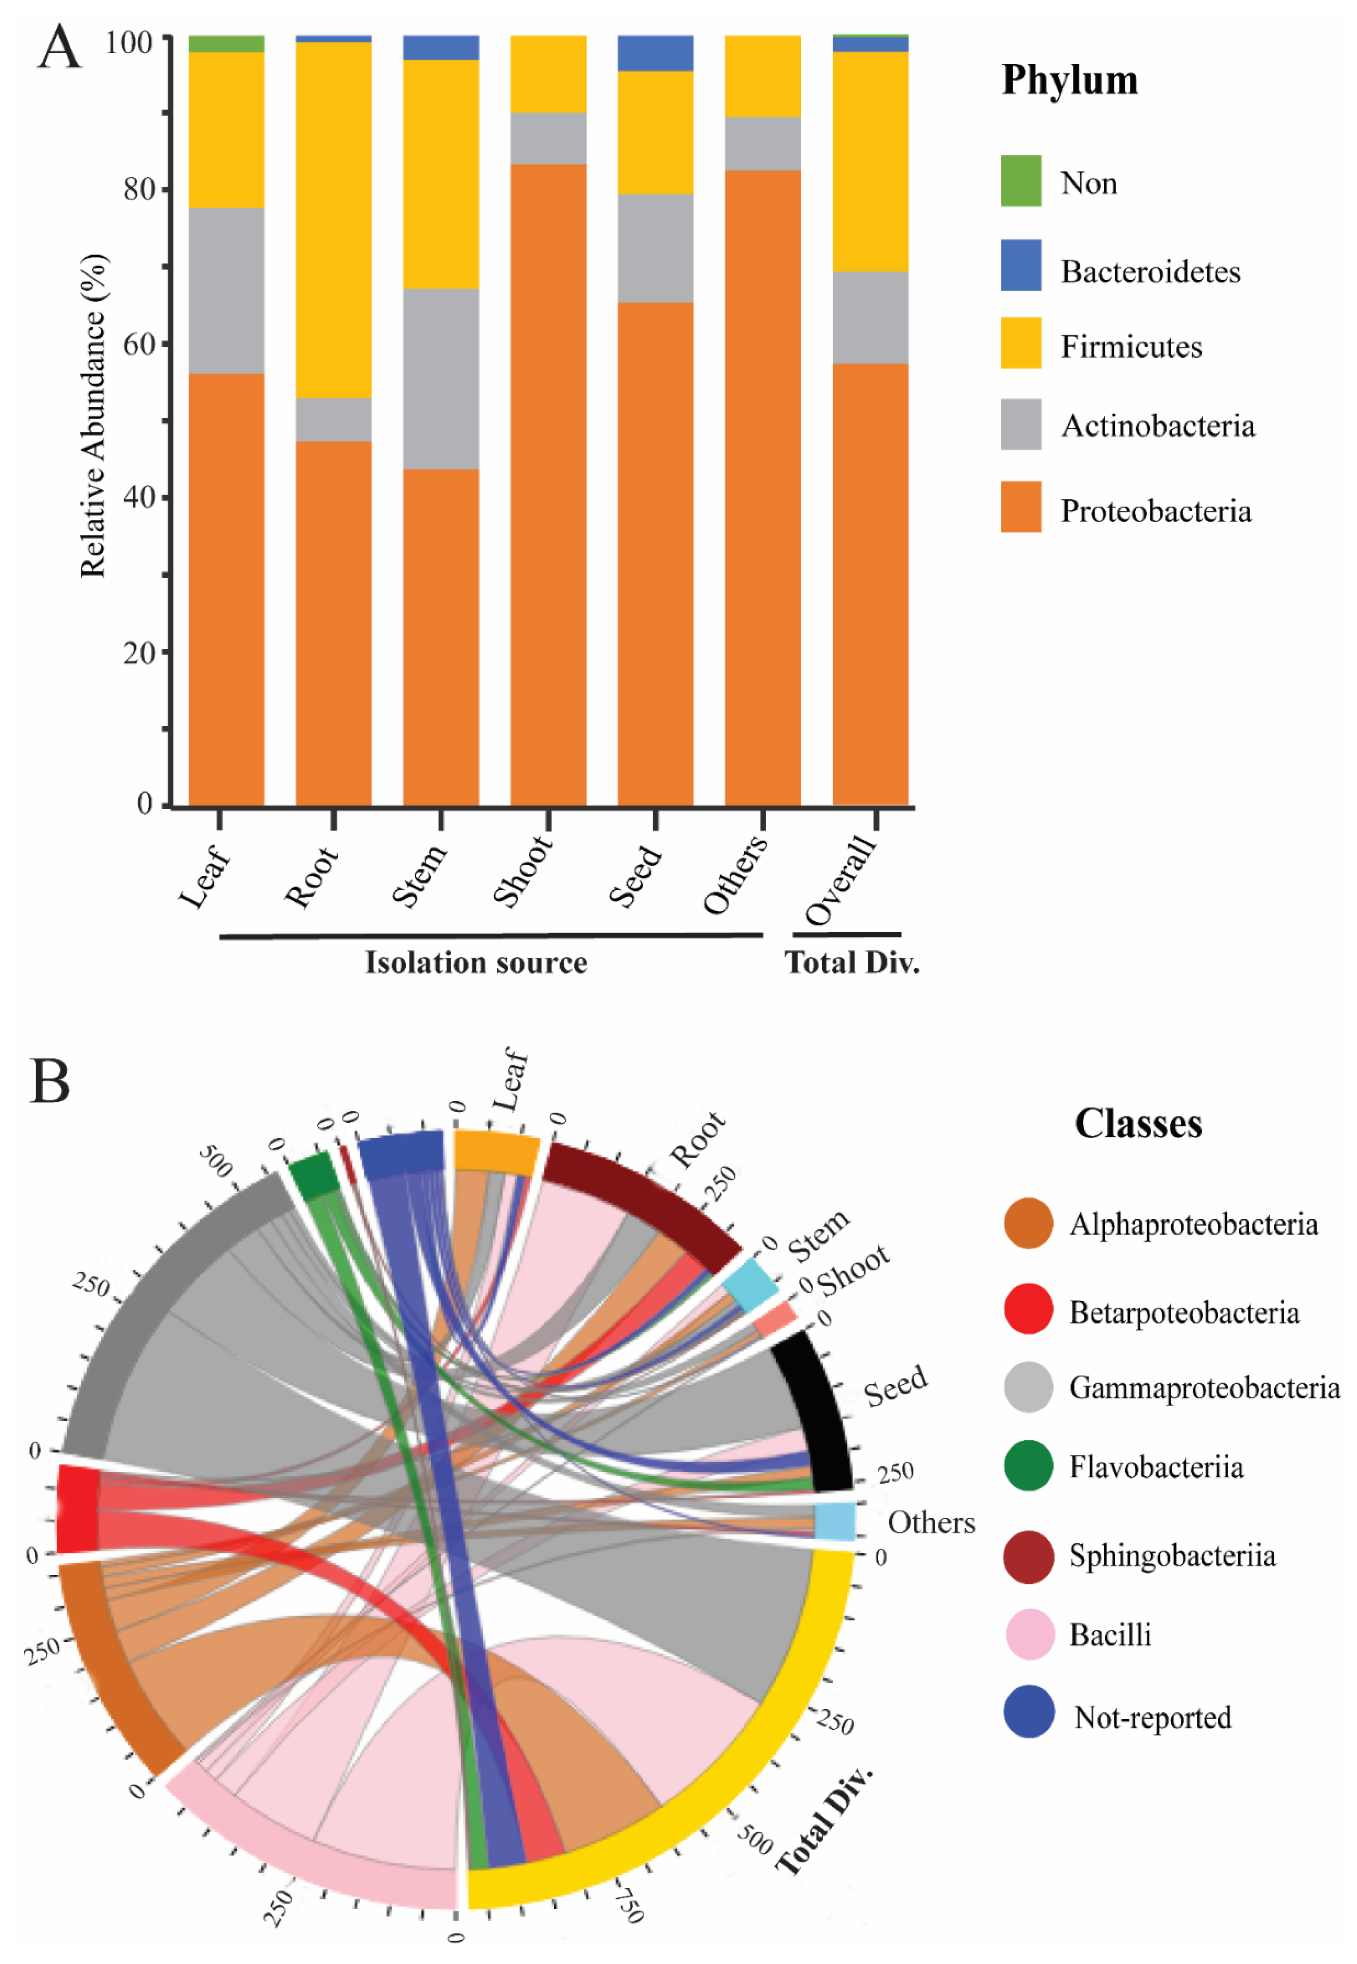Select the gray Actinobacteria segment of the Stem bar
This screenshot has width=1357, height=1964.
coord(441,378)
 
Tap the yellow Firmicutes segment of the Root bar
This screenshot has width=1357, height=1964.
coord(333,219)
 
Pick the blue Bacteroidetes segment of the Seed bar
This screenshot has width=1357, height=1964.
coord(655,53)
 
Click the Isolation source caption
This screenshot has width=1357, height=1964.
coord(476,963)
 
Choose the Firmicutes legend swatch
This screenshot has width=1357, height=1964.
coord(1020,344)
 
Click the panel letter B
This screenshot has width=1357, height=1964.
coord(49,1082)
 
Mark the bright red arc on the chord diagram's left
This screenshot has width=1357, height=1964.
coord(77,1508)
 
